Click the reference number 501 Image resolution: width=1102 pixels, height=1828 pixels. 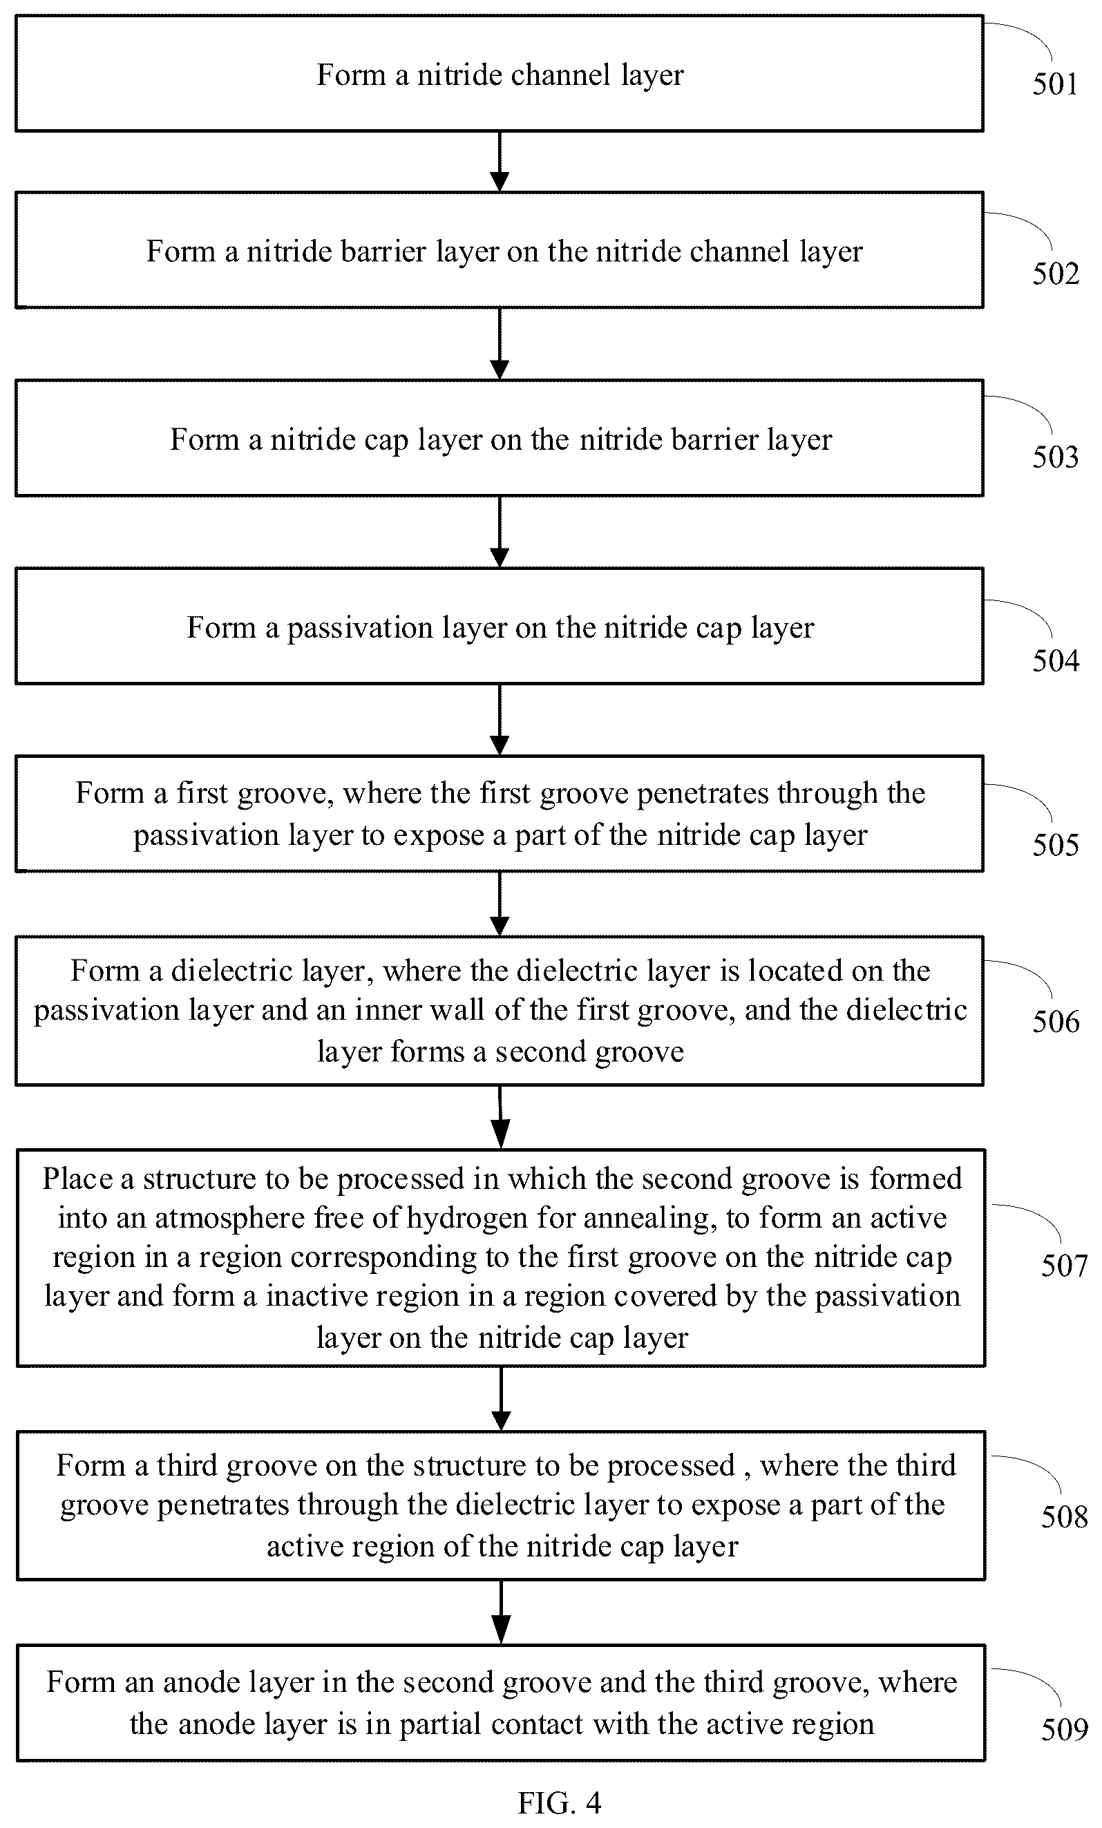(x=1054, y=84)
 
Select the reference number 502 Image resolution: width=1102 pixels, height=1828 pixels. (x=1055, y=274)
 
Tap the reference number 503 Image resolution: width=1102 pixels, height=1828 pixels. (x=1055, y=457)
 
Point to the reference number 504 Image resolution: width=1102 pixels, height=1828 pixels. (x=1055, y=661)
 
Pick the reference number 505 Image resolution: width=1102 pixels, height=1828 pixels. (x=1055, y=845)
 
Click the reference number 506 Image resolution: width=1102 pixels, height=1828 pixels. (x=1055, y=1022)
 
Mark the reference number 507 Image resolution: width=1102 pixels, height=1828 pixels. (x=1064, y=1265)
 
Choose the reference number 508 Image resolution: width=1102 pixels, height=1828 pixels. (x=1064, y=1516)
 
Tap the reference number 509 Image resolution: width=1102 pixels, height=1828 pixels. (x=1064, y=1729)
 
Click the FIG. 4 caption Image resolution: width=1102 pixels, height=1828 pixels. (x=559, y=1802)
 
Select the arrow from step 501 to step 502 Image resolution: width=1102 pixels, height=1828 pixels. (x=500, y=162)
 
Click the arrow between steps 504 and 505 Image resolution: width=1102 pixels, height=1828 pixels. (x=500, y=720)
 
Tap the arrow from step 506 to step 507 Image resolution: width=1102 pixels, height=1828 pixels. (x=501, y=1117)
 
